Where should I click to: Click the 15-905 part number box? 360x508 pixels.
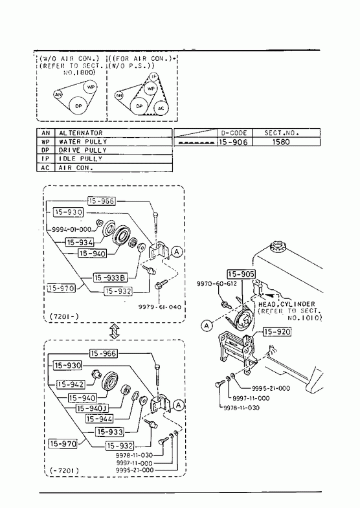coord(241,274)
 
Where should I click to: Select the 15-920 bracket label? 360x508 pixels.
coord(277,331)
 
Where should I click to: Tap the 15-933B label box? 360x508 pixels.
coord(111,278)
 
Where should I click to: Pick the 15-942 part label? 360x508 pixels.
coord(71,384)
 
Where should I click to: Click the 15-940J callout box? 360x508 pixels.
coord(93,408)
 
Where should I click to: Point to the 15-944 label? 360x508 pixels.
coord(100,419)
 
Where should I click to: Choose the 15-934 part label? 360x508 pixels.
coord(80,242)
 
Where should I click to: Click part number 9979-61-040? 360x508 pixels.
coord(160,307)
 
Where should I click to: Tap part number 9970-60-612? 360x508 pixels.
coord(217,284)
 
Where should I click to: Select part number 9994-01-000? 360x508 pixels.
coord(72,229)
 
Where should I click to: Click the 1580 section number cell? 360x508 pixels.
coord(281,142)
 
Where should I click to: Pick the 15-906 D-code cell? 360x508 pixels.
coord(233,142)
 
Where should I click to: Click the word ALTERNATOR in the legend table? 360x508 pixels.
coord(81,133)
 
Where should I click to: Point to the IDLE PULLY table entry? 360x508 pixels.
coord(80,159)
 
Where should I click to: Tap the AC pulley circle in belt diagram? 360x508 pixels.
coord(161,108)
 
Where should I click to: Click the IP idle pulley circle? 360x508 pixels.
coord(154,77)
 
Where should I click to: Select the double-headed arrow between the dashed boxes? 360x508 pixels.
coord(114,331)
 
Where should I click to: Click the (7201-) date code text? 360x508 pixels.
coord(65,316)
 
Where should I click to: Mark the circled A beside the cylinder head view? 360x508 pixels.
coord(207,326)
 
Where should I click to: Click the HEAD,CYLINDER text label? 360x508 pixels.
coord(286,304)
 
